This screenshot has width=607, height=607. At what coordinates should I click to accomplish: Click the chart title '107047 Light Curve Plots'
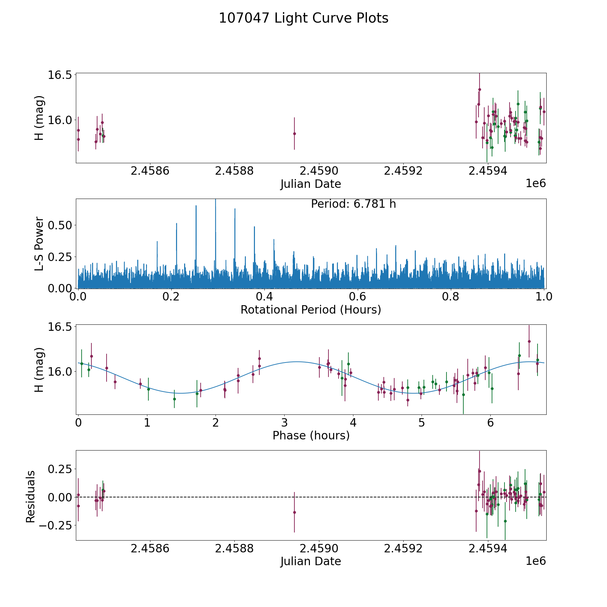tap(303, 18)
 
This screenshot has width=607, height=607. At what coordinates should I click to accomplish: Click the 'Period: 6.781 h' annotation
tap(353, 204)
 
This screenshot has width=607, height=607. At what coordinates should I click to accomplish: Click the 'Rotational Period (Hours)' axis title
tap(311, 310)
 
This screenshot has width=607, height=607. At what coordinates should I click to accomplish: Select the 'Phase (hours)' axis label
tap(311, 436)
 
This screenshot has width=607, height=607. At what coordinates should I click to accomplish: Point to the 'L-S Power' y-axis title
tap(39, 243)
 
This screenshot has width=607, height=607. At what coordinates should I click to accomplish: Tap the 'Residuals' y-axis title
tap(30, 497)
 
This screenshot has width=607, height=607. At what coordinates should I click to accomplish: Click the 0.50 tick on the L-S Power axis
tap(60, 225)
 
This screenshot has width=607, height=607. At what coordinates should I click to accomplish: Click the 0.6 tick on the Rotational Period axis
tap(357, 297)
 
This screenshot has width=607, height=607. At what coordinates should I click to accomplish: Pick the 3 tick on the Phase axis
tap(284, 423)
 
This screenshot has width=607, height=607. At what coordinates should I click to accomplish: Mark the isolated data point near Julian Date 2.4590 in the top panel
tap(294, 134)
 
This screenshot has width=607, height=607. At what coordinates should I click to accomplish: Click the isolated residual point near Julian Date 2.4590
tap(294, 512)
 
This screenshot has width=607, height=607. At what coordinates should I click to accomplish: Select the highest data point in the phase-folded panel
tap(529, 341)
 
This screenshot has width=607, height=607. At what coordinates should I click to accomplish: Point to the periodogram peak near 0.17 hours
tap(157, 242)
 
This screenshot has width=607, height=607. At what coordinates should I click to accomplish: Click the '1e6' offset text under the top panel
tap(536, 183)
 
